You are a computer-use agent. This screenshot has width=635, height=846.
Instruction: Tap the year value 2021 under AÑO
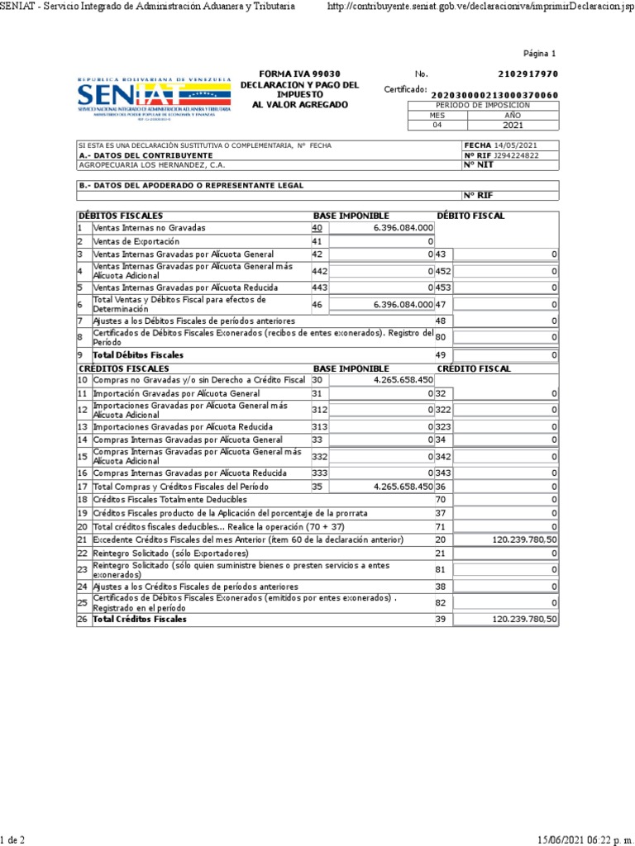513,126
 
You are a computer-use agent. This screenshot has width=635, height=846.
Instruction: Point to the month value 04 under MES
438,126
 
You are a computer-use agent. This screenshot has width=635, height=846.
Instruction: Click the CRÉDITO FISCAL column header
474,368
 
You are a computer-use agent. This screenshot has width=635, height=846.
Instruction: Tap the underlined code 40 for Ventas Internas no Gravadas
317,227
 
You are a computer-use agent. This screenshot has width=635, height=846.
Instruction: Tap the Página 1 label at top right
541,54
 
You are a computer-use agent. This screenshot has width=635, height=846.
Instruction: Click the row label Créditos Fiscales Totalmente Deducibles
169,500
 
